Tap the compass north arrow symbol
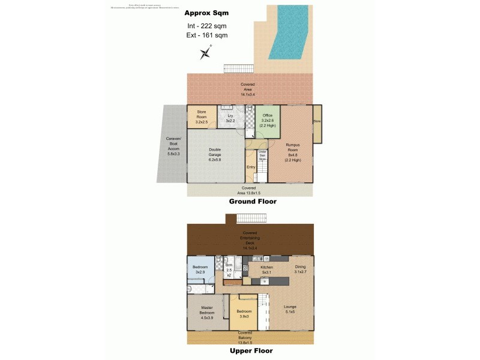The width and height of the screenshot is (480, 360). pyautogui.click(x=206, y=53)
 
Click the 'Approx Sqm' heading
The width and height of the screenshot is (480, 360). pyautogui.click(x=207, y=13)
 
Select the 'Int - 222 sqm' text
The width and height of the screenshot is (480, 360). pyautogui.click(x=207, y=26)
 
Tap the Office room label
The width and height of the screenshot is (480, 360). pyautogui.click(x=267, y=119)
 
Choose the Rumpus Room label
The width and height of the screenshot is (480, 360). pyautogui.click(x=293, y=152)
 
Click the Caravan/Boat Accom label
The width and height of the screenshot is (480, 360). pyautogui.click(x=172, y=146)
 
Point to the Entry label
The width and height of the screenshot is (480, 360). pyautogui.click(x=251, y=167)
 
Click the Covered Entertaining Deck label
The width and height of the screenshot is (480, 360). pyautogui.click(x=248, y=239)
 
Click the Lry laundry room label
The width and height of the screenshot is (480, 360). pyautogui.click(x=229, y=118)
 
